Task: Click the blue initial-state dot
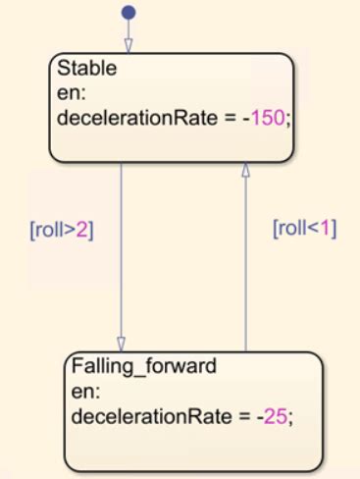click(129, 13)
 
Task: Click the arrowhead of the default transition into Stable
click(129, 46)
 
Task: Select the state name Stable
click(87, 68)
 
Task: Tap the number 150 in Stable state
click(268, 118)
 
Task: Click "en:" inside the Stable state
click(72, 93)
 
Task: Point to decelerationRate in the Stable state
click(137, 118)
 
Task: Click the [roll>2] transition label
click(62, 230)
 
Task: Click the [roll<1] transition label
click(305, 228)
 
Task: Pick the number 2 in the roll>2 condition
click(82, 230)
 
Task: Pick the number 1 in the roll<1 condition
click(326, 228)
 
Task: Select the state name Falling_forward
click(144, 365)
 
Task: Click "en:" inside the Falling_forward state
click(85, 392)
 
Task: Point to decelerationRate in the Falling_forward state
click(152, 416)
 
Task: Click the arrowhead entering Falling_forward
click(121, 345)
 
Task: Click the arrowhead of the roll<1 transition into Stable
click(245, 170)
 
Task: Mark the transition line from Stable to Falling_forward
click(121, 257)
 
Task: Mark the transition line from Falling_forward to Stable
click(245, 257)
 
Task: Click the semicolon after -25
click(289, 419)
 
